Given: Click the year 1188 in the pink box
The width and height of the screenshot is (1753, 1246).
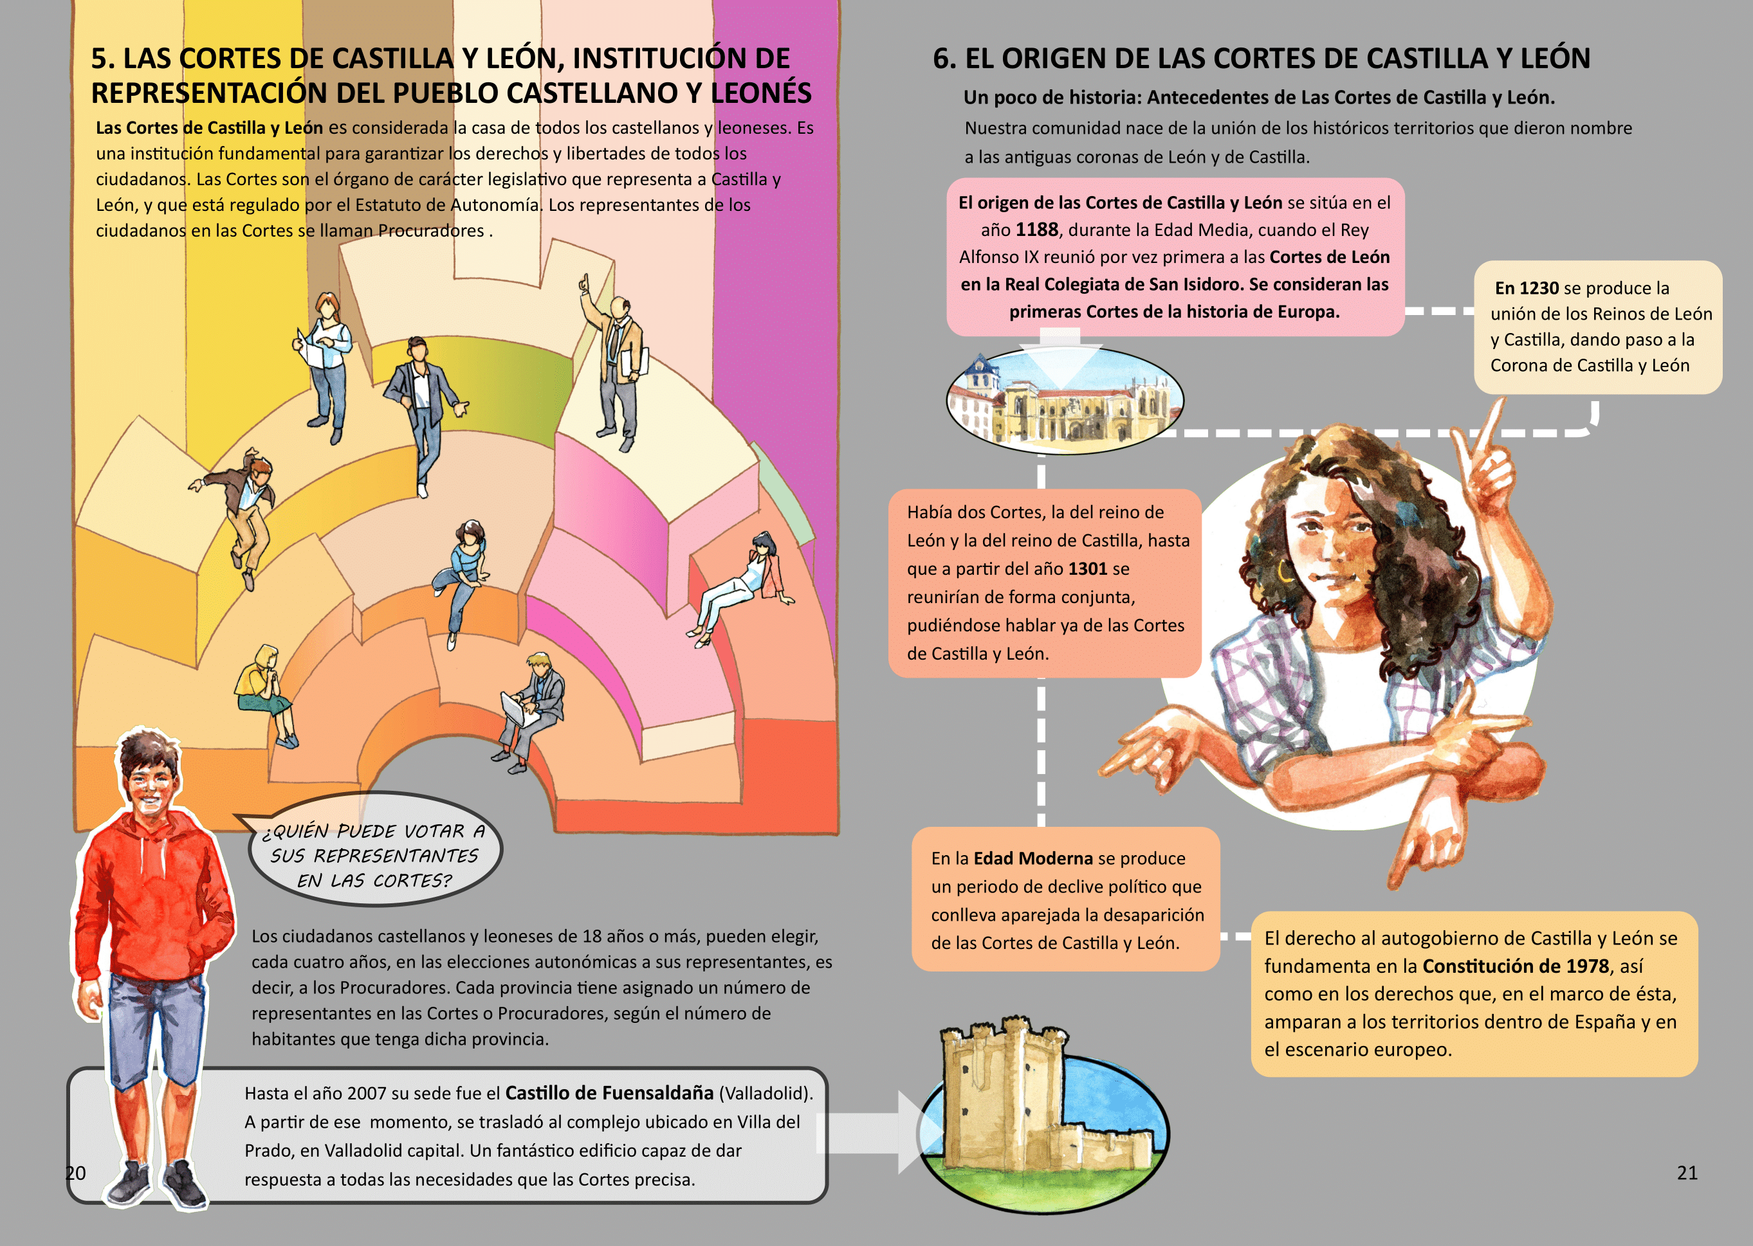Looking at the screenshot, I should (1037, 230).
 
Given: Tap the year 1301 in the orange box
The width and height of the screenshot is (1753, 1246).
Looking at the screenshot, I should (1088, 569).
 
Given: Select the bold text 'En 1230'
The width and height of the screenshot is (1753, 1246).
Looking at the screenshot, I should (1526, 289).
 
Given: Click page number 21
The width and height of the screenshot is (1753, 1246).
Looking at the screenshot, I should (1687, 1172).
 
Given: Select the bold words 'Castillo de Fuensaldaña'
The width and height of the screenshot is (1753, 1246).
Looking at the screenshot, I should (609, 1094).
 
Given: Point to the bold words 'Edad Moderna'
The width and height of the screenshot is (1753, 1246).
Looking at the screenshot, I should (1033, 858).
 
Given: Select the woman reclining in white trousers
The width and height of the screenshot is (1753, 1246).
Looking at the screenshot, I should (737, 587).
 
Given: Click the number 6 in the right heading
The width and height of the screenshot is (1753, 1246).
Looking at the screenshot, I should (942, 59).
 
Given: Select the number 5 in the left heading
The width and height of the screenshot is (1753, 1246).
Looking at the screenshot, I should (100, 59).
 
